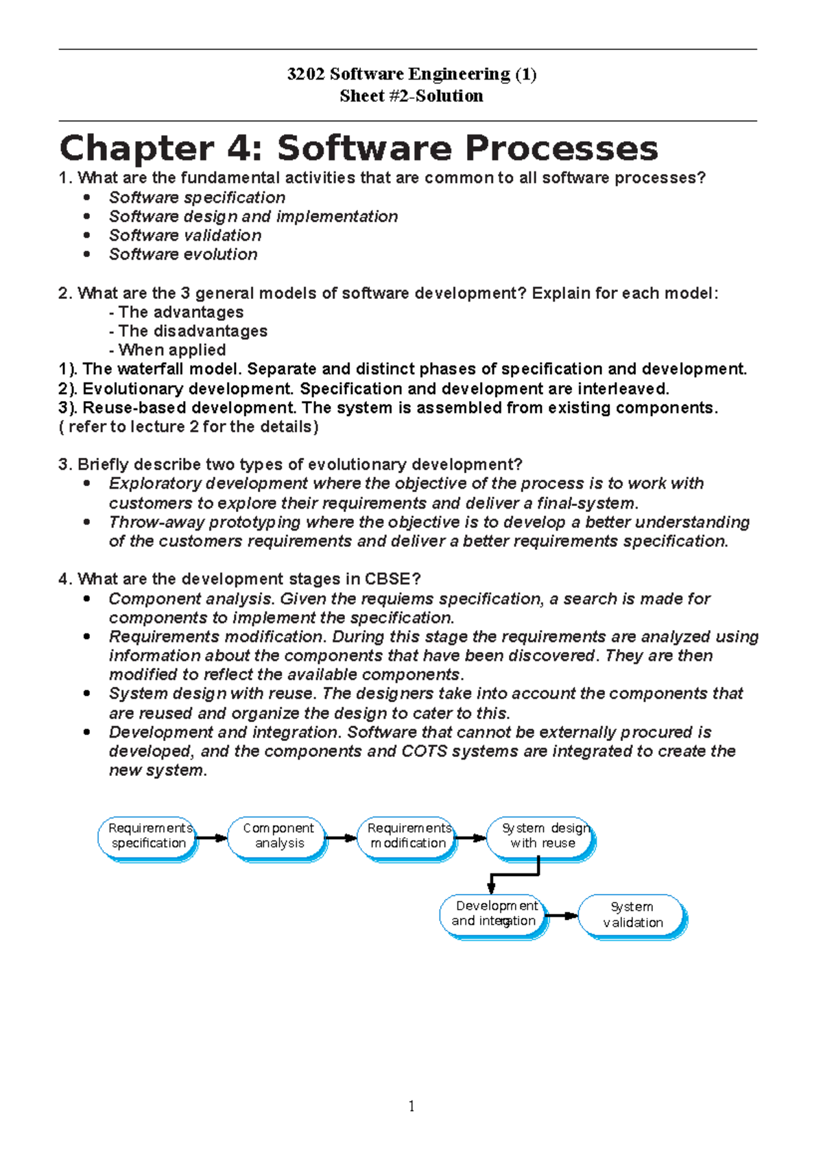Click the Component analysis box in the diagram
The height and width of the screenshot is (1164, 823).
coord(277,836)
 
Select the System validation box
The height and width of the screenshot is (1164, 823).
coord(632,915)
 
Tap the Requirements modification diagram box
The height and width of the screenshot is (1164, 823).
coord(408,836)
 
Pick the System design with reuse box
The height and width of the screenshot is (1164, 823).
coord(541,836)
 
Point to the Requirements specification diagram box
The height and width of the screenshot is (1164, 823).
coord(148,836)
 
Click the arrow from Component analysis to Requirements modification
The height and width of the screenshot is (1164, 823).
coord(341,838)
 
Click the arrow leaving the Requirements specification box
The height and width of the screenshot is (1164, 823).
coord(212,838)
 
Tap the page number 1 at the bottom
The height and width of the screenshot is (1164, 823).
coord(411,1106)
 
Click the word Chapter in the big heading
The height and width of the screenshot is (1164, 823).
coord(136,148)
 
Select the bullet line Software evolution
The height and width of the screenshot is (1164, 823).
coord(183,254)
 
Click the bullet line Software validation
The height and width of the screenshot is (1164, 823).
coord(185,235)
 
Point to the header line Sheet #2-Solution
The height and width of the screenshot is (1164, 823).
coord(411,96)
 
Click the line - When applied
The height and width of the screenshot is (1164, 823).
coord(168,350)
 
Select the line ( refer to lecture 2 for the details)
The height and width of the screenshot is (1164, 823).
coord(189,427)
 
